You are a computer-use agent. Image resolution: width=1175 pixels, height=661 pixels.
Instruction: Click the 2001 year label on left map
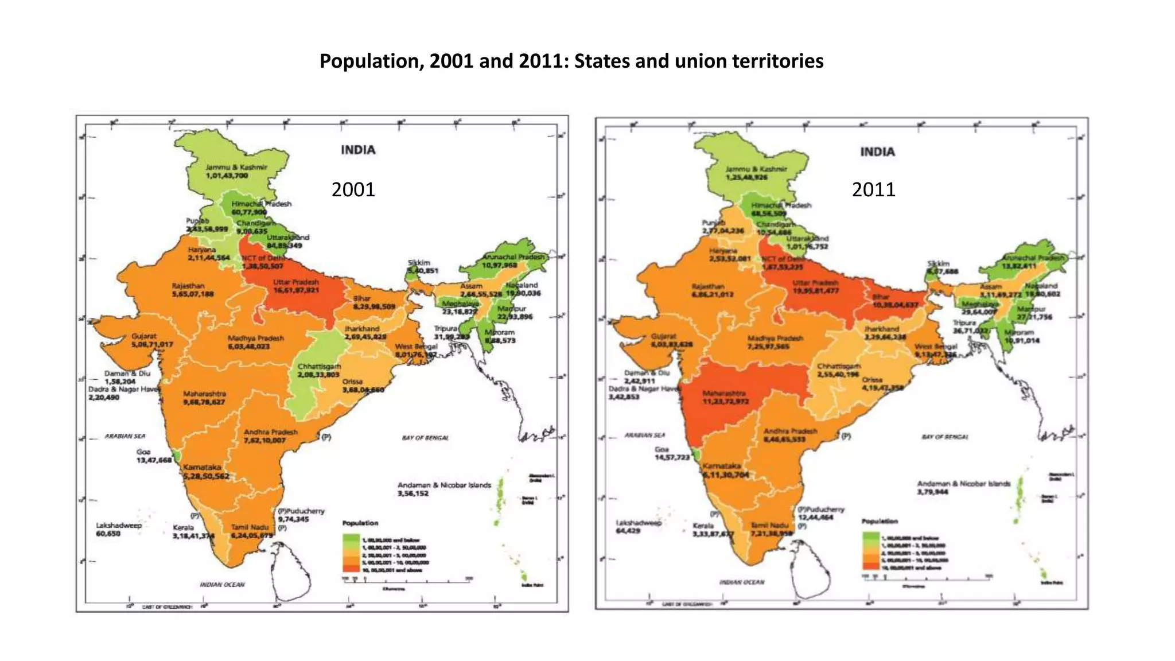[x=353, y=189]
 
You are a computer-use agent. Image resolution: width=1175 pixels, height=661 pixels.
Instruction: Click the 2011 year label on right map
[x=873, y=189]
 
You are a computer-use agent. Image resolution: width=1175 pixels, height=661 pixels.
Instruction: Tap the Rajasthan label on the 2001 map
[x=188, y=286]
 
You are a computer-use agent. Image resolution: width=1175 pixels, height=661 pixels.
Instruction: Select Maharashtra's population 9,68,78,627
[x=204, y=402]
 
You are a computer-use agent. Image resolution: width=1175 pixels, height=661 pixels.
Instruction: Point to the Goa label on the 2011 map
[x=662, y=449]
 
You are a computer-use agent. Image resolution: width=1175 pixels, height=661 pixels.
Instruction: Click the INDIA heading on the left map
[x=358, y=150]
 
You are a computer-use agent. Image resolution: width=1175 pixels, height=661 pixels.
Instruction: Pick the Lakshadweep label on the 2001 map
[x=119, y=525]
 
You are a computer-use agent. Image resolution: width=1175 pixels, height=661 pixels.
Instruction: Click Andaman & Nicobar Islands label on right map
[x=963, y=484]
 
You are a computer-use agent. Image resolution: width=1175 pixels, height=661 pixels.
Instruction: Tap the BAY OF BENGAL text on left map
[x=425, y=438]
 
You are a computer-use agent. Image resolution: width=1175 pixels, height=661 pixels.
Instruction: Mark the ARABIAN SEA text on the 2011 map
[x=645, y=435]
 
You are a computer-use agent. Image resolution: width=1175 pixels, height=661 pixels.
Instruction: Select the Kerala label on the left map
[x=183, y=527]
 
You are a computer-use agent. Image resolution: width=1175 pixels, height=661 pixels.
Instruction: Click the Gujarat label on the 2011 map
[x=663, y=336]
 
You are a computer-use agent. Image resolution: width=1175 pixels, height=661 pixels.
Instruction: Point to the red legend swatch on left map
[x=350, y=569]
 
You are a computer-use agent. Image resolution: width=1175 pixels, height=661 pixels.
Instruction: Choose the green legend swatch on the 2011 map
[x=870, y=537]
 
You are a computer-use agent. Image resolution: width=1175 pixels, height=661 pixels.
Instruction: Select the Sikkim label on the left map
[x=419, y=262]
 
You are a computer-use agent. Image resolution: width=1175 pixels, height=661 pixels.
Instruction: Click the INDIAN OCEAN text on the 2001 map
[x=222, y=584]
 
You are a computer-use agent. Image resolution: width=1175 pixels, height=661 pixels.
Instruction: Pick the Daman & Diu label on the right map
[x=647, y=372]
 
